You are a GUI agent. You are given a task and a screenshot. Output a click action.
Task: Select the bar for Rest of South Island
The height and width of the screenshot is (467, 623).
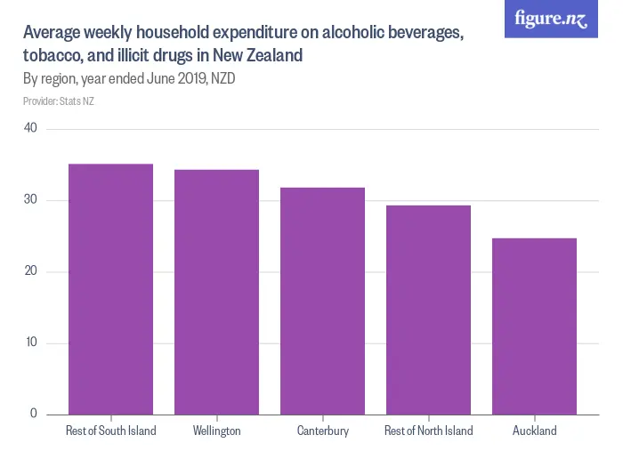110,289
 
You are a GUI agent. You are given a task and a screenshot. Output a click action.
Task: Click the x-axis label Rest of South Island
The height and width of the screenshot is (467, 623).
110,431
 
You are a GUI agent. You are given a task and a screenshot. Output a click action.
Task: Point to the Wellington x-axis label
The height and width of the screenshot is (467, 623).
216,431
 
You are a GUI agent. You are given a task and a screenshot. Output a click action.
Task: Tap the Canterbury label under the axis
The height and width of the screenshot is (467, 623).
322,431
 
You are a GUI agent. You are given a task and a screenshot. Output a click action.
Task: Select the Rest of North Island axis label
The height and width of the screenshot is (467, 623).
428,431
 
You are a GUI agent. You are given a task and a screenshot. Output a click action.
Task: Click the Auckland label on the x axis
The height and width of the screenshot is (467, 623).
534,431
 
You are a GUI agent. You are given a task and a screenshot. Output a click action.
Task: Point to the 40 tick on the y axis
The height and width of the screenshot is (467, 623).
30,128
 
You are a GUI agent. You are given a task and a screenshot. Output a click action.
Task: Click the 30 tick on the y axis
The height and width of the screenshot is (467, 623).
30,200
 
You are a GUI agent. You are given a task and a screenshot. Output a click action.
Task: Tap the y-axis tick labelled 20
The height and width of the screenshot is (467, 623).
30,271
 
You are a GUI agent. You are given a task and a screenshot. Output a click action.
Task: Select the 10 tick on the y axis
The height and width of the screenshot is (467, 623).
30,343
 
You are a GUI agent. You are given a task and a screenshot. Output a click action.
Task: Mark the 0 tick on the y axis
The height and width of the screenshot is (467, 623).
33,414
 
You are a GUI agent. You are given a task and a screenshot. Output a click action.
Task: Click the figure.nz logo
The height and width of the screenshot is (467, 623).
551,19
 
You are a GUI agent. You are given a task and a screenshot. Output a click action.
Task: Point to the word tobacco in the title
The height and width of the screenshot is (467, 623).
53,55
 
